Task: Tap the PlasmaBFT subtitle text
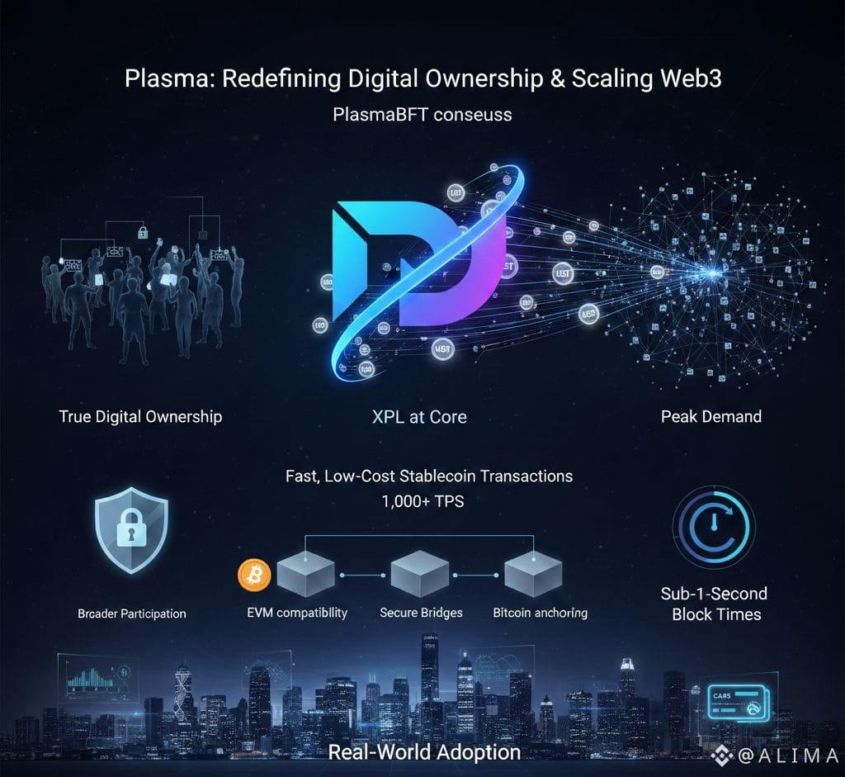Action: [422, 114]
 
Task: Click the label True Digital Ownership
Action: [140, 416]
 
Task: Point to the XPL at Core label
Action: [419, 417]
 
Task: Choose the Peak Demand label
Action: [710, 416]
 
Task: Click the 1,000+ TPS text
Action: [422, 500]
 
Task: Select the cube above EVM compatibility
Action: [306, 575]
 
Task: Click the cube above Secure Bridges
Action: [419, 575]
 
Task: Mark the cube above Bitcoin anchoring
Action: [533, 575]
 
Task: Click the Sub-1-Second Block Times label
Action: [714, 604]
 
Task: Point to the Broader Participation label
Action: [132, 614]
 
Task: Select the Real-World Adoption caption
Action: [424, 752]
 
